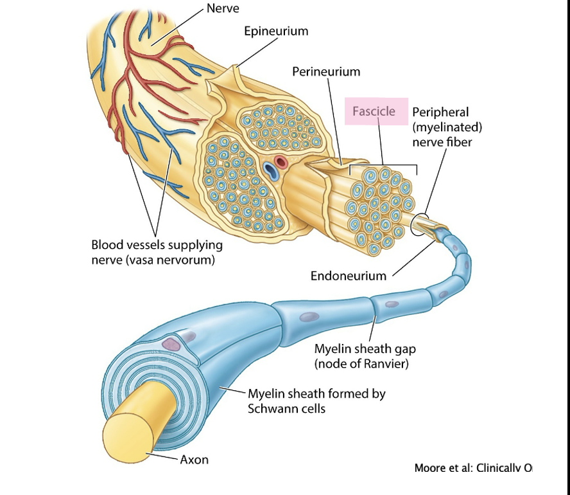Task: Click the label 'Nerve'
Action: (x=223, y=8)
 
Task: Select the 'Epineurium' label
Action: (x=276, y=31)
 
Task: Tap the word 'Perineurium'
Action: (x=326, y=71)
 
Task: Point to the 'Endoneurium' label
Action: (x=349, y=276)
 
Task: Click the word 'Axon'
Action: (x=194, y=460)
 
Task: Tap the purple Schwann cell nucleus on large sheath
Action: (x=171, y=344)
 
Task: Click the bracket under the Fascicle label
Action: (x=383, y=166)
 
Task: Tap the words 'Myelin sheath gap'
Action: (x=365, y=349)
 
